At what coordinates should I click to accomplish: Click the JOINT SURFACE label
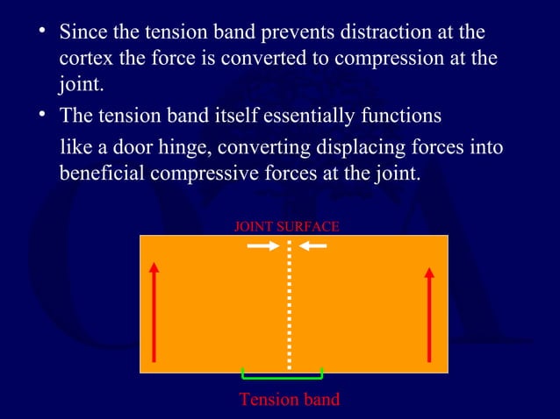click(286, 227)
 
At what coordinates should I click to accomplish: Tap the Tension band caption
click(289, 400)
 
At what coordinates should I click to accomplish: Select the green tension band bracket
click(283, 376)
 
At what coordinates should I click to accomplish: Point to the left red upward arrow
click(154, 311)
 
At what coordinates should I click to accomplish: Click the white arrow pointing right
click(262, 246)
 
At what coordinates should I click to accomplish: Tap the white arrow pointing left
click(313, 246)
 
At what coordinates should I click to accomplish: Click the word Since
click(81, 32)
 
